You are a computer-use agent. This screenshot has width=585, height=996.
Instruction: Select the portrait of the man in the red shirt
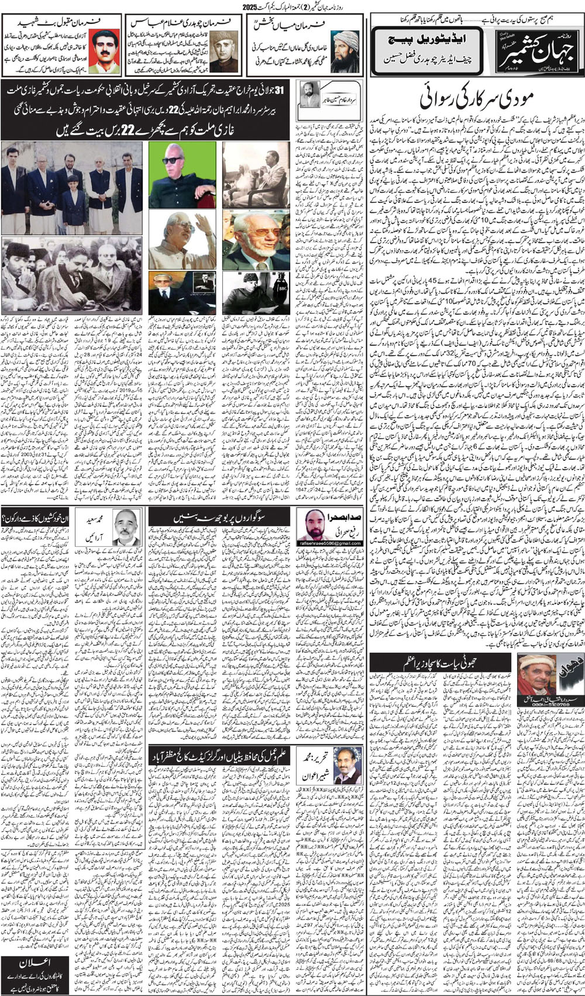click(x=106, y=44)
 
